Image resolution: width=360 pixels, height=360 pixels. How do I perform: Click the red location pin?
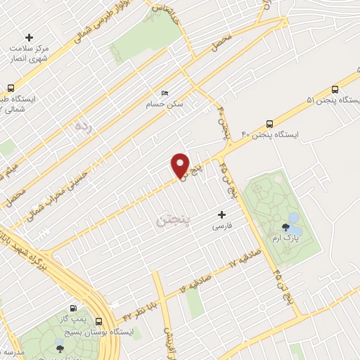tap(181, 166)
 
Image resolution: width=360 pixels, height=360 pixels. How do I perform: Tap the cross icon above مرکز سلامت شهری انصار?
tap(29, 37)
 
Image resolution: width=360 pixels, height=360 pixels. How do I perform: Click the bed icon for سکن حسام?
tap(165, 93)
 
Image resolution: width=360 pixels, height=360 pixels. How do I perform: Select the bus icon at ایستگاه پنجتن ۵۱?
tap(334, 90)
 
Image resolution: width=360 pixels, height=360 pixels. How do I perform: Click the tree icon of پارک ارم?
tap(285, 226)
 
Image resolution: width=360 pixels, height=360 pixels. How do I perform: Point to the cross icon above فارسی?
tap(222, 214)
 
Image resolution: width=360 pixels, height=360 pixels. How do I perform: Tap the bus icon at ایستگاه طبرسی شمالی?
tap(11, 89)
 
